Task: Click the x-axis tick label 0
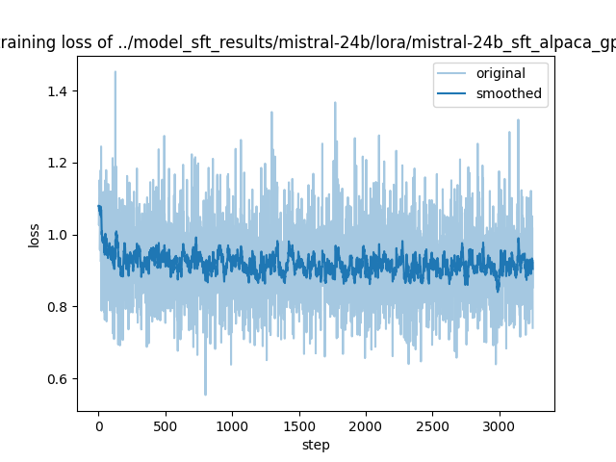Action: (98, 424)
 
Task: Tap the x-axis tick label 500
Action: (166, 424)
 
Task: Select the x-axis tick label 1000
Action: (232, 424)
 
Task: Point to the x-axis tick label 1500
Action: (298, 424)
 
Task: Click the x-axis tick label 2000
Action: (366, 424)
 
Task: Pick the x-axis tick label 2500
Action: (432, 424)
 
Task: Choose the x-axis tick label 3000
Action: (499, 424)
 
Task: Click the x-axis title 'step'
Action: (316, 445)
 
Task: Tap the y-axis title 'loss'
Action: (34, 235)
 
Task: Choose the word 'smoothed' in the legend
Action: (509, 93)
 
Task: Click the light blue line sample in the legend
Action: (458, 74)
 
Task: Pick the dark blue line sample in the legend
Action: (458, 93)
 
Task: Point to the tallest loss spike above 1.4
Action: (115, 72)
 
